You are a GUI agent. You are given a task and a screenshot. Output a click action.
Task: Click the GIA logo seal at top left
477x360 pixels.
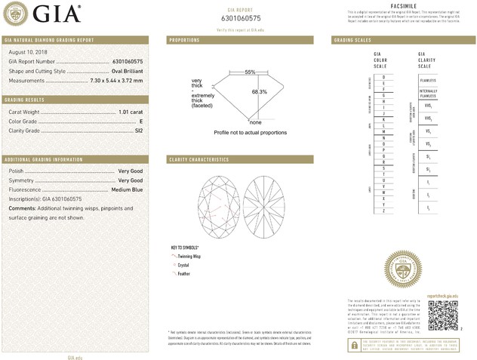coord(16,14)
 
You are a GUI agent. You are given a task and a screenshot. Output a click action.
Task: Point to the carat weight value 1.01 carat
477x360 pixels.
coord(131,112)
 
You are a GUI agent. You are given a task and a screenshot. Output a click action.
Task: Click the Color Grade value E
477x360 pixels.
coord(141,122)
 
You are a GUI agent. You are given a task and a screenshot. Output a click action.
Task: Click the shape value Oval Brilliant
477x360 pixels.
coord(125,70)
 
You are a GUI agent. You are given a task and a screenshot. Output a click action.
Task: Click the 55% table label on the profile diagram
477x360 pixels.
coord(250,72)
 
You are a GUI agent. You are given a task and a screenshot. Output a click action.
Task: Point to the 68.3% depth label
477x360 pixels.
coord(259,92)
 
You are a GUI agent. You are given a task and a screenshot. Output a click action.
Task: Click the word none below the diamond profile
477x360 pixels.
coord(255,122)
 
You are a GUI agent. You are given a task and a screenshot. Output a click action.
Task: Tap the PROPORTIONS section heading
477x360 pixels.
coord(184,39)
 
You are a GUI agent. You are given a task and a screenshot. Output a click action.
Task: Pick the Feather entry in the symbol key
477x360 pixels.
coord(183,274)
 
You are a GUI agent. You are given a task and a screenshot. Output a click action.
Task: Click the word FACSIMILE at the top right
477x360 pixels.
coord(405,5)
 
